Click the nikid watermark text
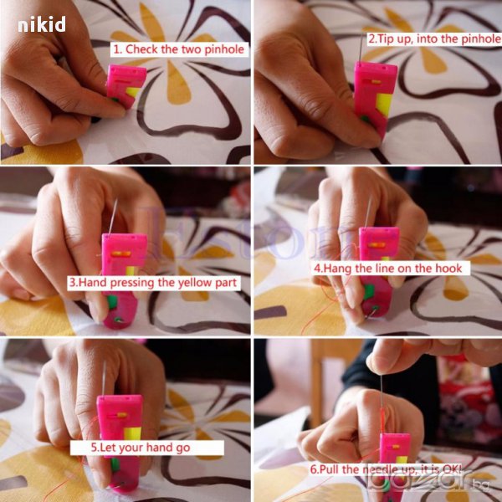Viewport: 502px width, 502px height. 42,24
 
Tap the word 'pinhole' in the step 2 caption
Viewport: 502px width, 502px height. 481,39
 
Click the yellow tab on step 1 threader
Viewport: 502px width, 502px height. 133,92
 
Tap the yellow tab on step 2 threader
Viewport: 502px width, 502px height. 384,105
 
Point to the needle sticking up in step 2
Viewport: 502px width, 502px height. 361,48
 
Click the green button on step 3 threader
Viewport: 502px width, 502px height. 112,302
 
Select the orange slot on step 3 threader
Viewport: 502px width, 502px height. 120,254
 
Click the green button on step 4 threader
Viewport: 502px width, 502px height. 368,292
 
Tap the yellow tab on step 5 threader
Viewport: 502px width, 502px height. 132,433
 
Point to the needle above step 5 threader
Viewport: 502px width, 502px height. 104,378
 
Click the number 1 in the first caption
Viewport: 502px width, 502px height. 117,49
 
